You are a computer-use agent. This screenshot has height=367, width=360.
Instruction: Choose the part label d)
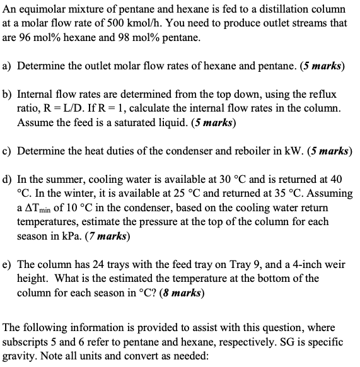9,178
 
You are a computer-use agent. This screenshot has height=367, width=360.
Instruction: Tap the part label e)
9,265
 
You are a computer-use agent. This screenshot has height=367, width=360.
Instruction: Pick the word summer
65,178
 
